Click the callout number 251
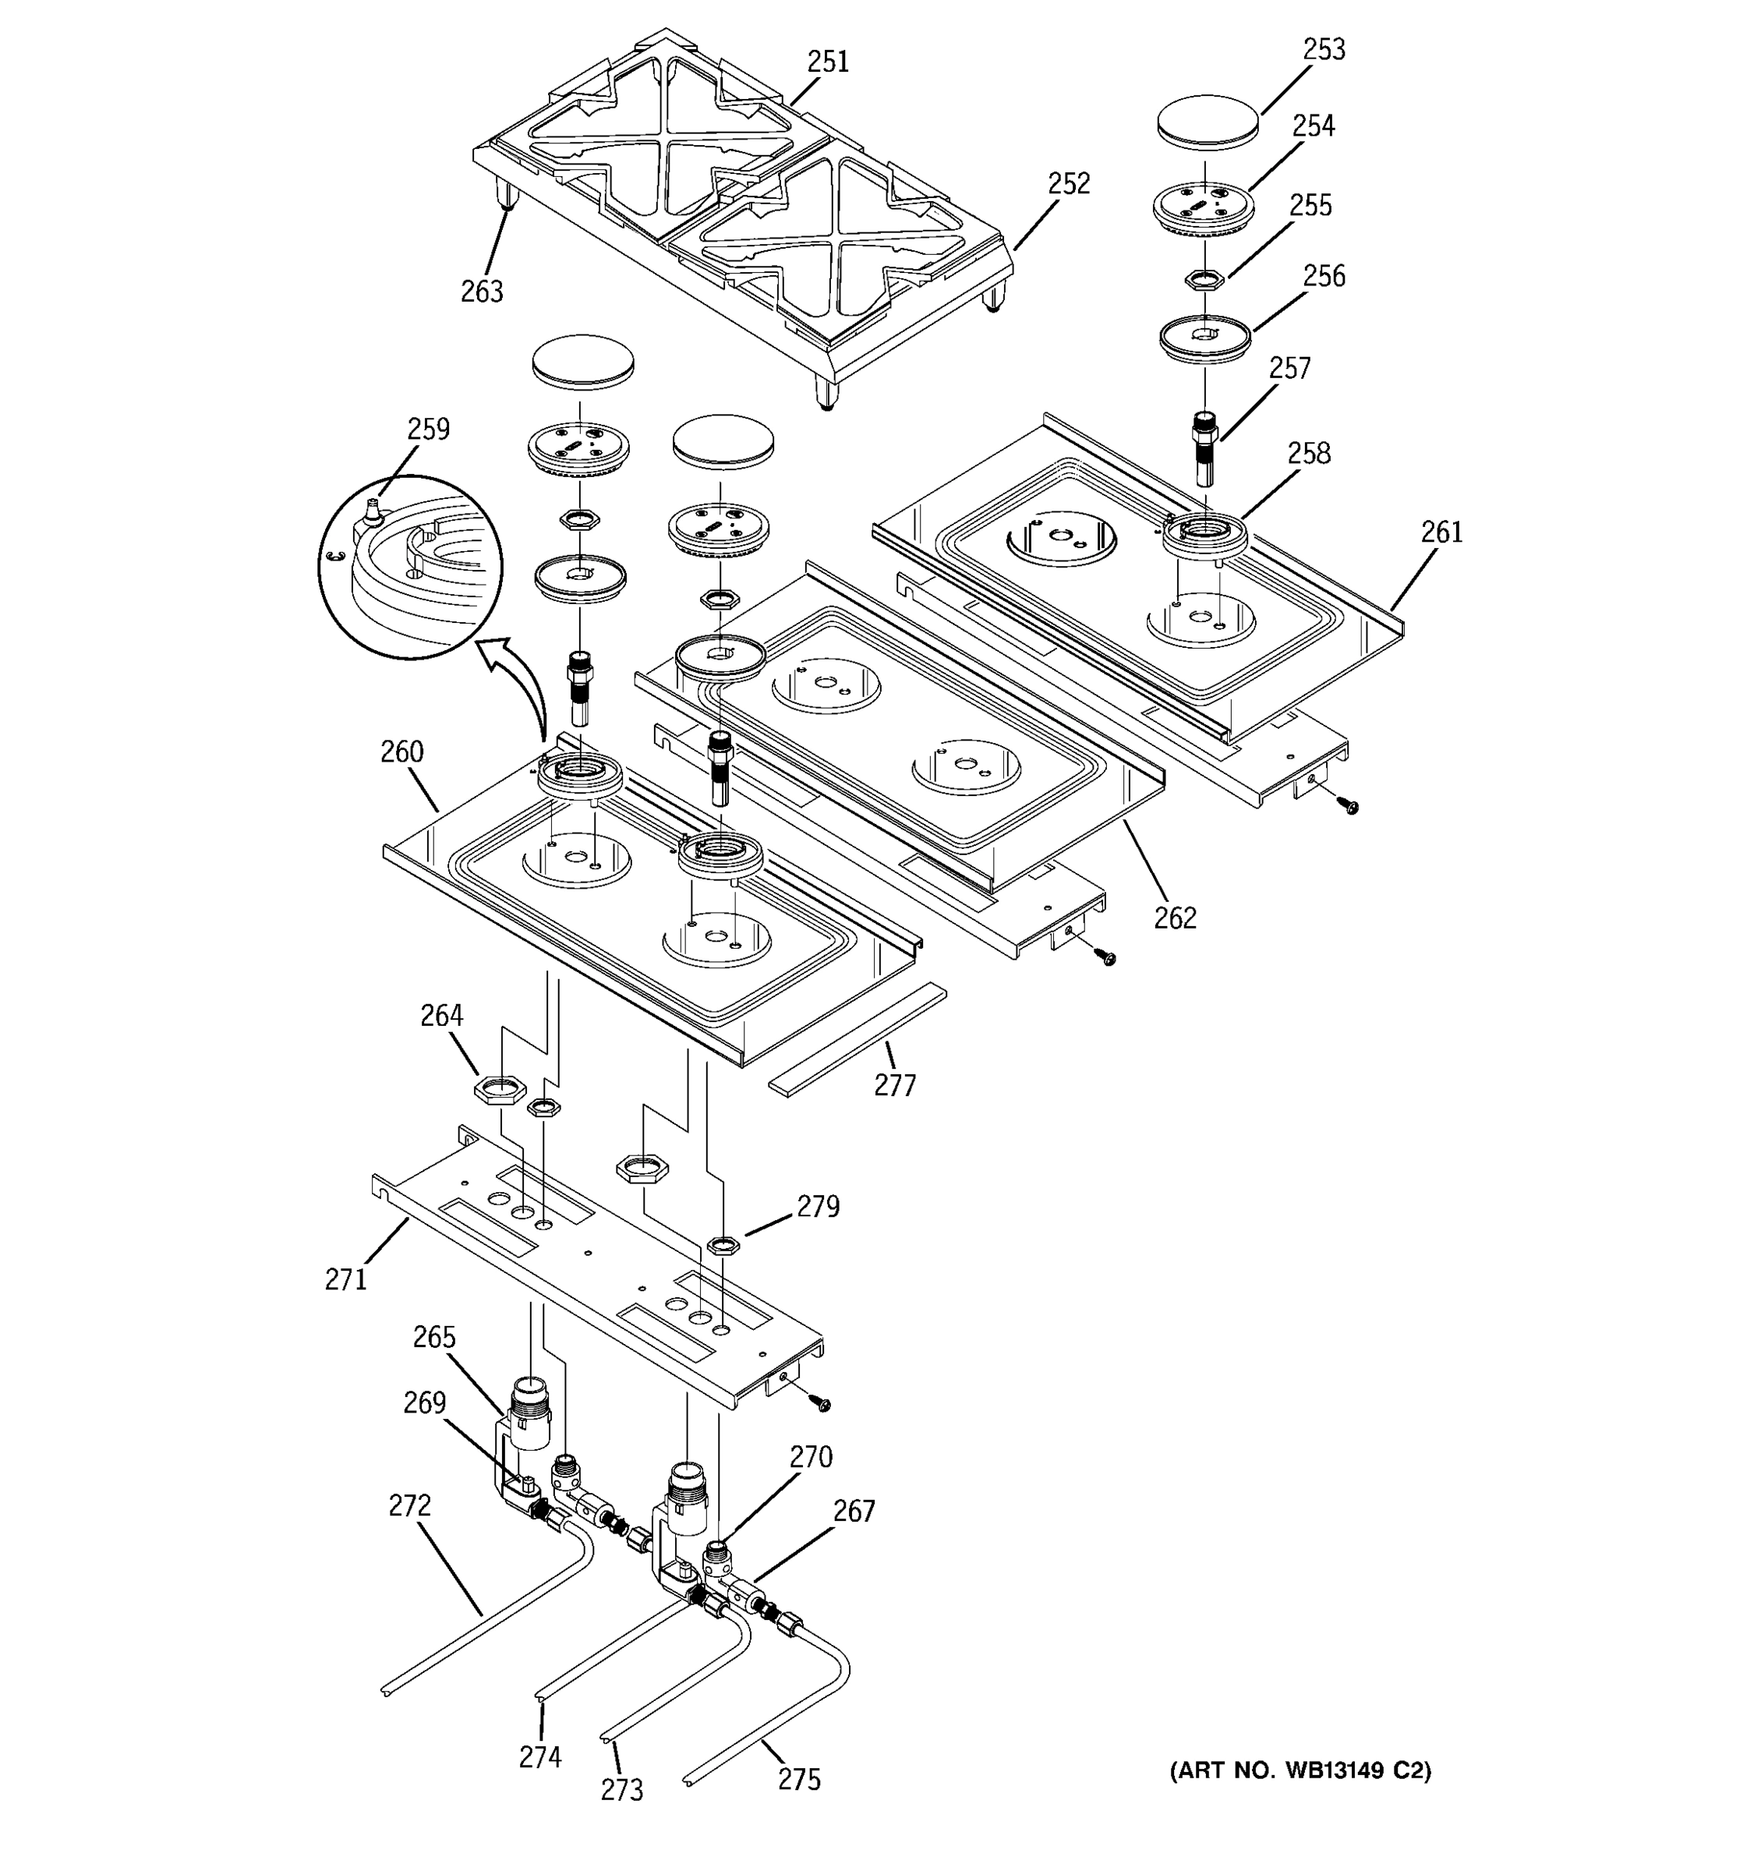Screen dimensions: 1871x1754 (828, 62)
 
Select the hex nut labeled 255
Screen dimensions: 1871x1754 (1204, 278)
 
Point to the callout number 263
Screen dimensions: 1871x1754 (482, 292)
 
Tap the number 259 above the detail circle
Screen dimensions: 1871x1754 (428, 430)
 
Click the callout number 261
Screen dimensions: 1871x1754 (1441, 532)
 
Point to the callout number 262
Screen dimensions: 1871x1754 (1176, 918)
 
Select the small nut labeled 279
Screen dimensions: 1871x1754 (723, 1244)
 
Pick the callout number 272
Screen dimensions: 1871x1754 (409, 1506)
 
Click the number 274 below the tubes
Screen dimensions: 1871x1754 (540, 1757)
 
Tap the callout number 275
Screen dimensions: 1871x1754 (799, 1780)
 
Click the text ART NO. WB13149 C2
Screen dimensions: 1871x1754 (1300, 1770)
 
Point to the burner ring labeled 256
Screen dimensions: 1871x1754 (1204, 337)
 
